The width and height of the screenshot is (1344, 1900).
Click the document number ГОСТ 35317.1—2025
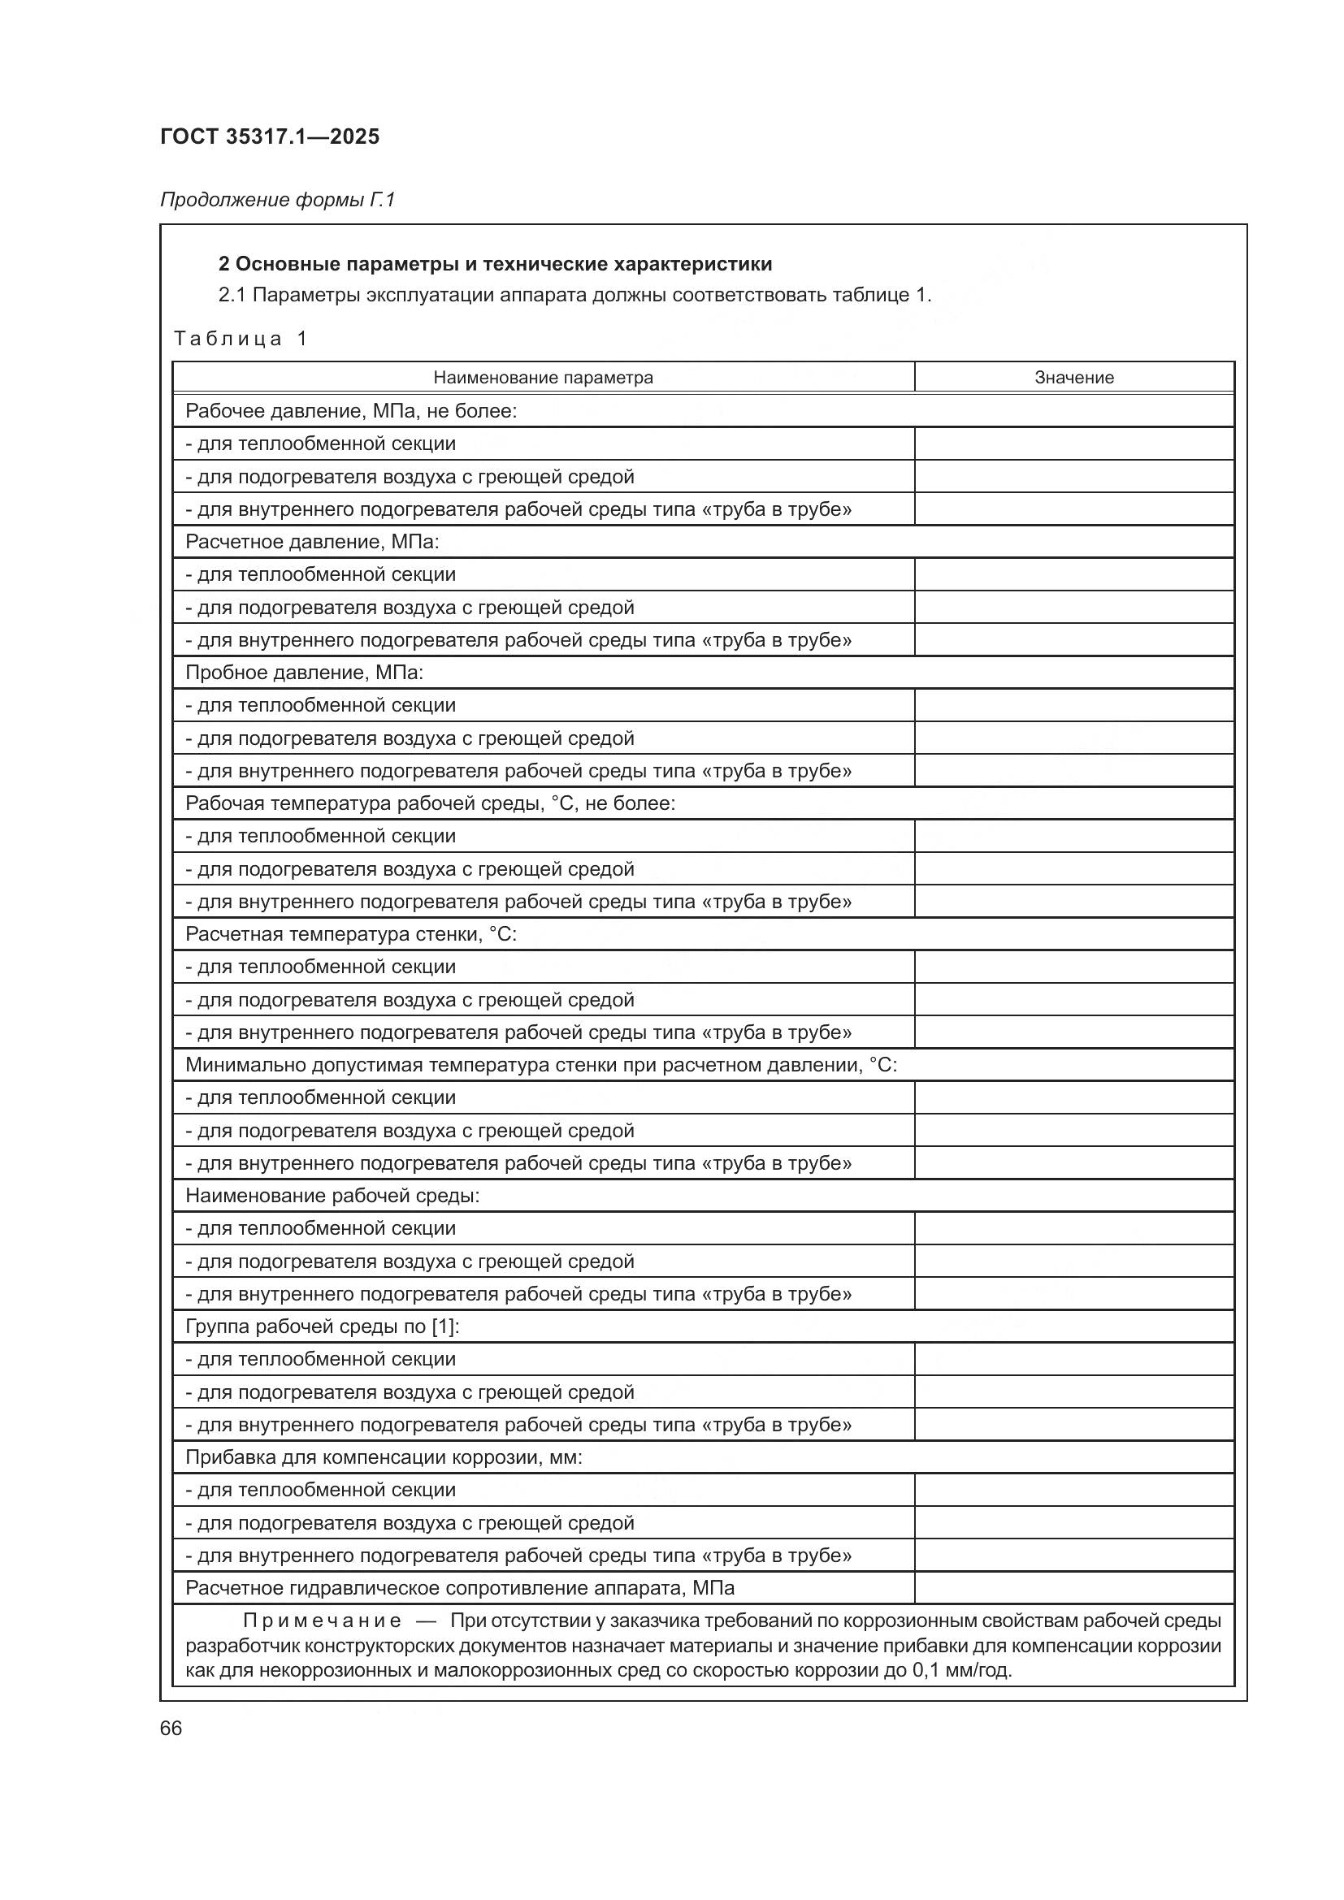coord(270,136)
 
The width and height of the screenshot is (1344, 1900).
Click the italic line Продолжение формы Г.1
coord(277,200)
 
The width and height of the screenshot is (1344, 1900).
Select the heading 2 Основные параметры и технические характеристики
coord(495,264)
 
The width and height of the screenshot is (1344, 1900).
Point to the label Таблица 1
coord(241,339)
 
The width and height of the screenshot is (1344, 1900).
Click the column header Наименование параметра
coord(543,378)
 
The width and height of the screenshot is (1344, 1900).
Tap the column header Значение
coord(1073,378)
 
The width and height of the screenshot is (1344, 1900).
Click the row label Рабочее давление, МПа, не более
coord(351,410)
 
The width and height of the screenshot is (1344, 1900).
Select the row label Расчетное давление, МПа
coord(312,541)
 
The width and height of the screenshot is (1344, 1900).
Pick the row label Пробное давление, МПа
coord(304,672)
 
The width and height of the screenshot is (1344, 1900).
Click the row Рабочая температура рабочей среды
coord(431,803)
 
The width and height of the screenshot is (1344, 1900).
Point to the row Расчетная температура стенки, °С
coord(351,933)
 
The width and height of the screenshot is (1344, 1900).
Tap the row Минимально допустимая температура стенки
coord(541,1064)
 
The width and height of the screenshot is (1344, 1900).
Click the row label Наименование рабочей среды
coord(332,1195)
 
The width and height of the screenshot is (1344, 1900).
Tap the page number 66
coord(171,1728)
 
